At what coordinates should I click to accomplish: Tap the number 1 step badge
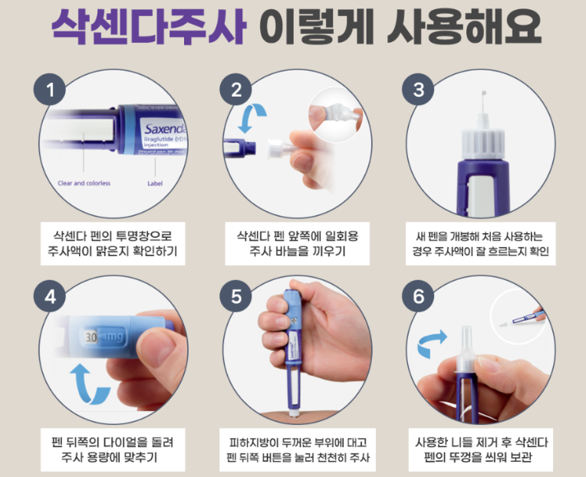[51, 90]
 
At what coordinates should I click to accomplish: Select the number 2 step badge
[235, 90]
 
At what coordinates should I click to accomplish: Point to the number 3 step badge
[418, 90]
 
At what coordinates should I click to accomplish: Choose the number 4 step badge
[51, 298]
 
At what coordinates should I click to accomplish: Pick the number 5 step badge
[235, 298]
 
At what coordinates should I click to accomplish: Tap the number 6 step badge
[418, 298]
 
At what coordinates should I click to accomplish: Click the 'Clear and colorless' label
[84, 183]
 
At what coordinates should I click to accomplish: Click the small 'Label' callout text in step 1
[155, 183]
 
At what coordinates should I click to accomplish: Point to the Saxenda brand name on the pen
[163, 128]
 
